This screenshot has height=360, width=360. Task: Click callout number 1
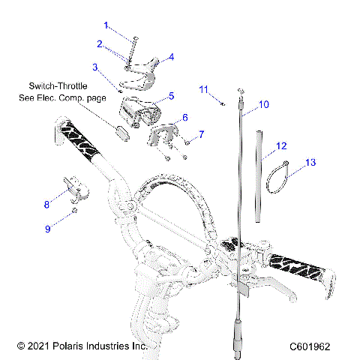point(106,25)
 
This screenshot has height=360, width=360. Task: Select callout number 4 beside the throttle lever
point(171,56)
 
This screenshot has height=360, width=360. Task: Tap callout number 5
point(171,96)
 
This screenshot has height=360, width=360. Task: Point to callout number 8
point(46,202)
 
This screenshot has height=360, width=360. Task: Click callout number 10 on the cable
point(262,105)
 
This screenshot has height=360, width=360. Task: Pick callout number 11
point(203,89)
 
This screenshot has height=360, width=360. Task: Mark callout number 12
point(281,145)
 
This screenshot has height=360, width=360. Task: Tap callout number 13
point(311,161)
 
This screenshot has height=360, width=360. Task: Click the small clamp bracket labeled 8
point(73,189)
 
